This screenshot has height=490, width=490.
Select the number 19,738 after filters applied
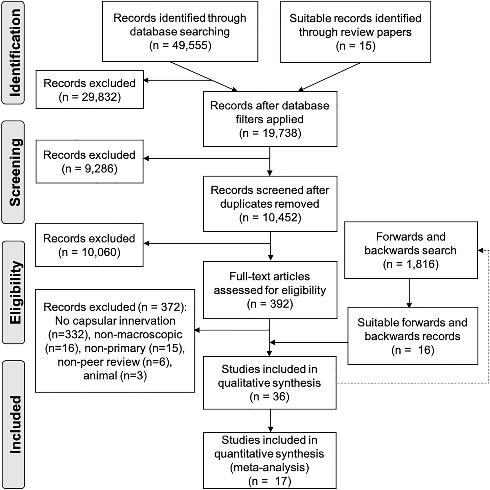(280, 133)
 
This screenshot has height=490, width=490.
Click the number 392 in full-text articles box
(280, 304)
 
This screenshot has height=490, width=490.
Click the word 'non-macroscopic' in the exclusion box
(138, 335)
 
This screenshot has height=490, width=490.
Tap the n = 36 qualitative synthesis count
(269, 397)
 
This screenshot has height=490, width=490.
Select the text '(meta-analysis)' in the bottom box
(269, 467)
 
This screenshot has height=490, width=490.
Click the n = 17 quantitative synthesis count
(269, 481)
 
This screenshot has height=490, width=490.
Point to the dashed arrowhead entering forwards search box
(481, 251)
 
